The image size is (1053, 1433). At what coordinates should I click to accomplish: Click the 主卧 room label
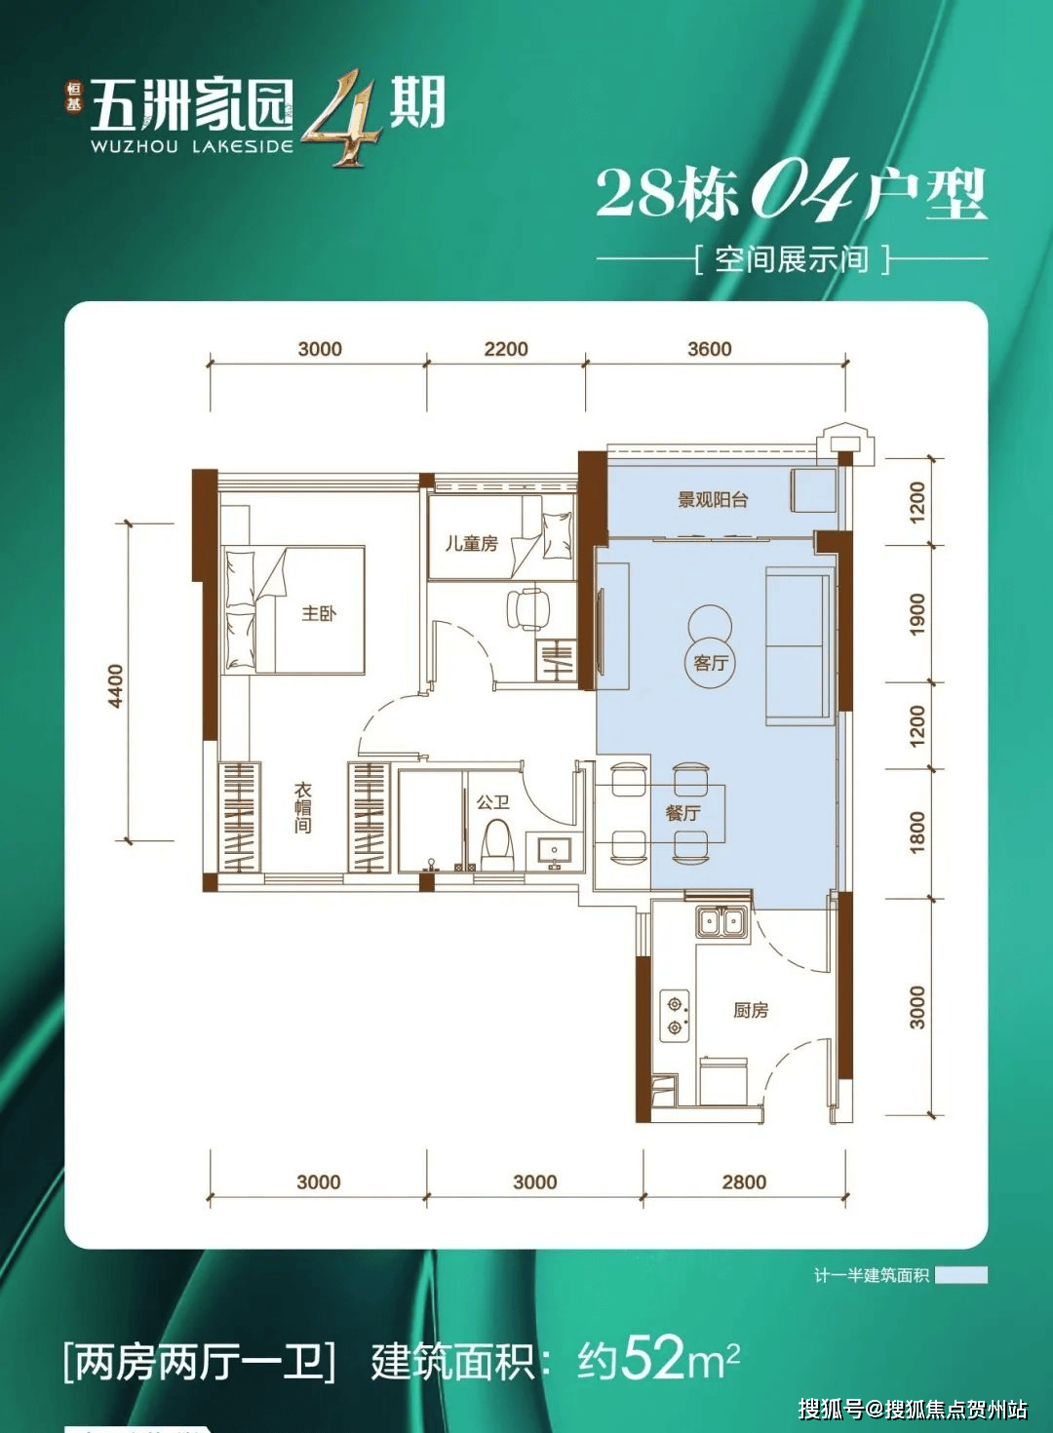tap(318, 613)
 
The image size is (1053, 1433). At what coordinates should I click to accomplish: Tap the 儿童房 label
tap(471, 544)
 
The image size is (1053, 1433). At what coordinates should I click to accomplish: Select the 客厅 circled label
tap(711, 663)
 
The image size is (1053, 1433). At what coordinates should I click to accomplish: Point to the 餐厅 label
tap(682, 812)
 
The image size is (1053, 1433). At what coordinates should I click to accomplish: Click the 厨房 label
tap(751, 1010)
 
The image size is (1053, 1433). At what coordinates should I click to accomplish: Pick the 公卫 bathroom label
tap(492, 802)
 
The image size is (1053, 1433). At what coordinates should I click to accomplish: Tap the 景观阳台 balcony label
tap(713, 500)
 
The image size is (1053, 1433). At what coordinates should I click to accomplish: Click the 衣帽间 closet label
tap(303, 808)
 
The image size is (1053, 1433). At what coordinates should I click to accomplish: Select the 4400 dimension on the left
tap(116, 685)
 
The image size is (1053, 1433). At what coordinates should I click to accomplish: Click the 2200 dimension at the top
tap(506, 349)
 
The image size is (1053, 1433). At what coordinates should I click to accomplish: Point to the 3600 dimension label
tap(709, 349)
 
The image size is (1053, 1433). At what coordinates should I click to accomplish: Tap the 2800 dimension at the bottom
tap(744, 1181)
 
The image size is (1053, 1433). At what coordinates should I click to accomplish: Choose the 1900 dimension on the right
tap(916, 614)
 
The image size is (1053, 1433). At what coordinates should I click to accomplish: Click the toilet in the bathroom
tap(497, 844)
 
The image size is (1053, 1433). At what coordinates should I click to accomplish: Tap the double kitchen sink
tap(721, 921)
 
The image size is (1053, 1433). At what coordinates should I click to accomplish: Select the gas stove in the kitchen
tap(675, 1015)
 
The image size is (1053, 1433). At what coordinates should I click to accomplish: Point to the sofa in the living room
tap(799, 644)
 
